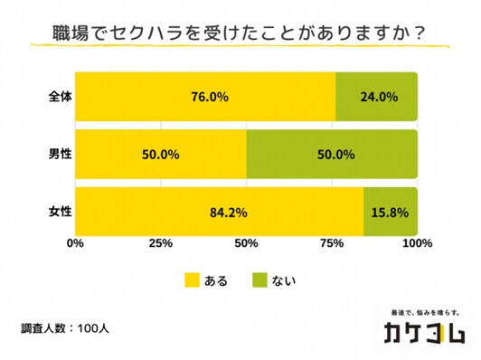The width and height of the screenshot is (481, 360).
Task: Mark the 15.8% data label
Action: (x=391, y=213)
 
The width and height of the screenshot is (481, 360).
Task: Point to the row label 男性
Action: (x=60, y=155)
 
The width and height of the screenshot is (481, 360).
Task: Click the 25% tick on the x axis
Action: (x=160, y=243)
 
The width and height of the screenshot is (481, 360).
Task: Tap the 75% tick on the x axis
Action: (x=332, y=243)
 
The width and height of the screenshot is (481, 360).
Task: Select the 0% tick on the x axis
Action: (x=75, y=243)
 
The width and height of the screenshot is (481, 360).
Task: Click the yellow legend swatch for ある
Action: (x=193, y=280)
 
